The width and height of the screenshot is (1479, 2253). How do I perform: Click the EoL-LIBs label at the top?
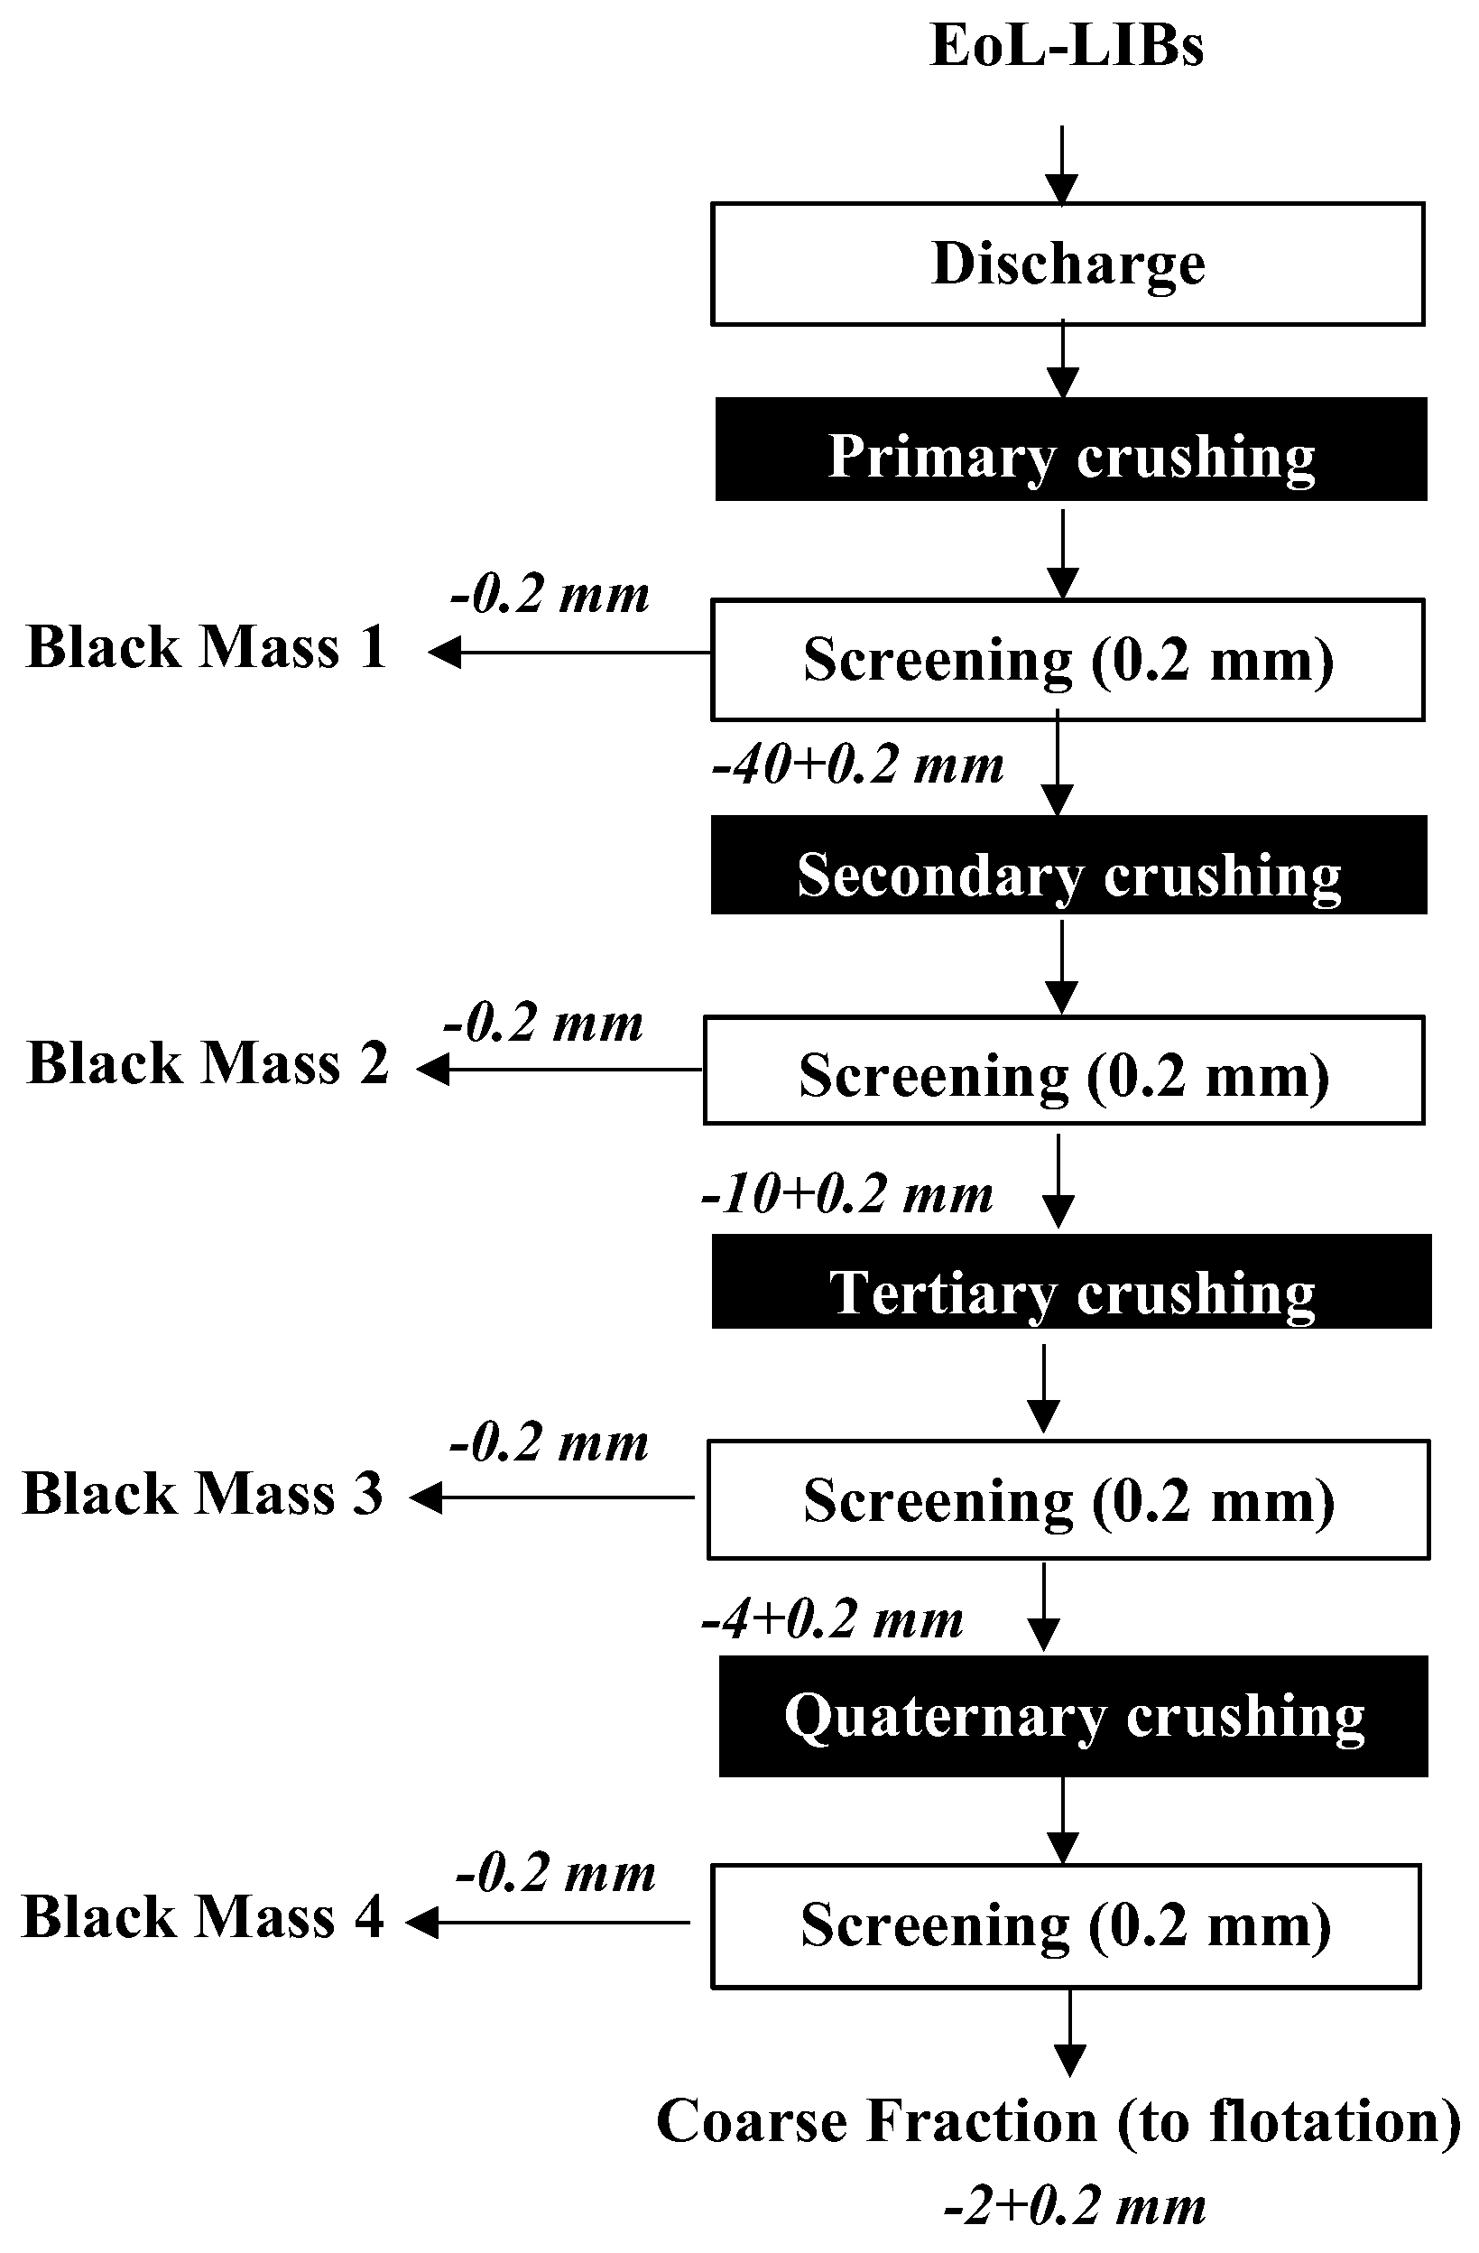tap(1067, 45)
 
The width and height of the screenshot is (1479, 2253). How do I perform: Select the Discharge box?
tap(1068, 264)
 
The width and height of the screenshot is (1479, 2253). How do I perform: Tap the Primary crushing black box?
tap(1070, 450)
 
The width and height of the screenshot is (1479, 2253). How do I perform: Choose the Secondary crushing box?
tap(1068, 866)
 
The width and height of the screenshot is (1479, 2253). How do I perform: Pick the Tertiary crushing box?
tap(1071, 1282)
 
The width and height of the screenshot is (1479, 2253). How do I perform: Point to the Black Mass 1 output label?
tap(208, 648)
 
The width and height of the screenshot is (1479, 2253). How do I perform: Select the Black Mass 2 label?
tap(208, 1063)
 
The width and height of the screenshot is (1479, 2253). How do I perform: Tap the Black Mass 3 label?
tap(202, 1494)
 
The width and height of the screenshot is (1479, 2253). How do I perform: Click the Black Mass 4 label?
tap(202, 1917)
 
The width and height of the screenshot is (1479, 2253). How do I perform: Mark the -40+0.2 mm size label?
tap(857, 765)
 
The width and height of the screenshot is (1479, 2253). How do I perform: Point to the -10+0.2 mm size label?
tap(847, 1195)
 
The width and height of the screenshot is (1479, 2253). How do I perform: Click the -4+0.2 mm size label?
tap(832, 1618)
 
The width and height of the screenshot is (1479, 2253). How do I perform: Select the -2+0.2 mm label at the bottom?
tap(1074, 2206)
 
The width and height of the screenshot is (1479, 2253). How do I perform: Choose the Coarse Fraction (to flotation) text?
tap(1058, 2120)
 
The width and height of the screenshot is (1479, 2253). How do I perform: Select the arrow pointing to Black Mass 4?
tap(549, 1923)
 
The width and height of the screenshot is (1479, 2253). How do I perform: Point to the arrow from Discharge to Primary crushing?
tap(1064, 360)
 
